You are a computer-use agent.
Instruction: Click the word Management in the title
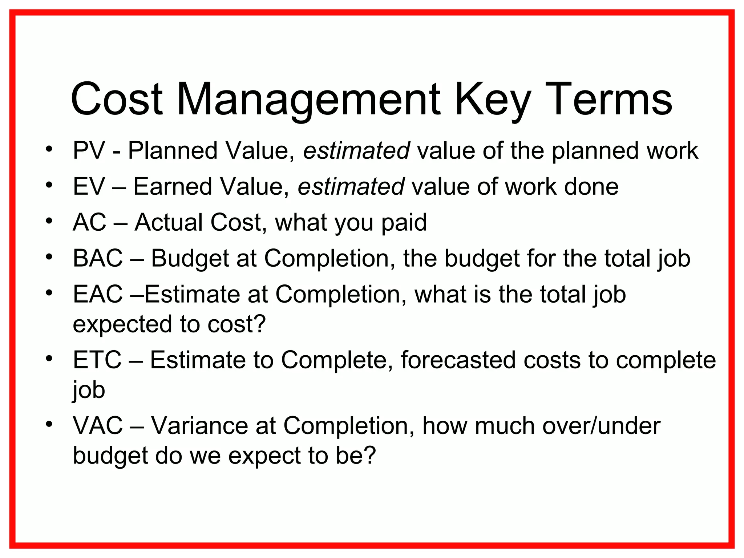pyautogui.click(x=308, y=100)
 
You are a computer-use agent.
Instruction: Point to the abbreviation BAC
pyautogui.click(x=98, y=258)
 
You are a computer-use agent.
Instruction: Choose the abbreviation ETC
pyautogui.click(x=97, y=360)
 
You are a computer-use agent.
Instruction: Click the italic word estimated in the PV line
pyautogui.click(x=356, y=150)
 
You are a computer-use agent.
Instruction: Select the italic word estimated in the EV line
pyautogui.click(x=351, y=186)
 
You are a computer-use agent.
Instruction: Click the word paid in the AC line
pyautogui.click(x=404, y=222)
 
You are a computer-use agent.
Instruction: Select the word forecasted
pyautogui.click(x=458, y=360)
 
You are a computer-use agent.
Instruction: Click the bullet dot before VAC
pyautogui.click(x=49, y=424)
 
